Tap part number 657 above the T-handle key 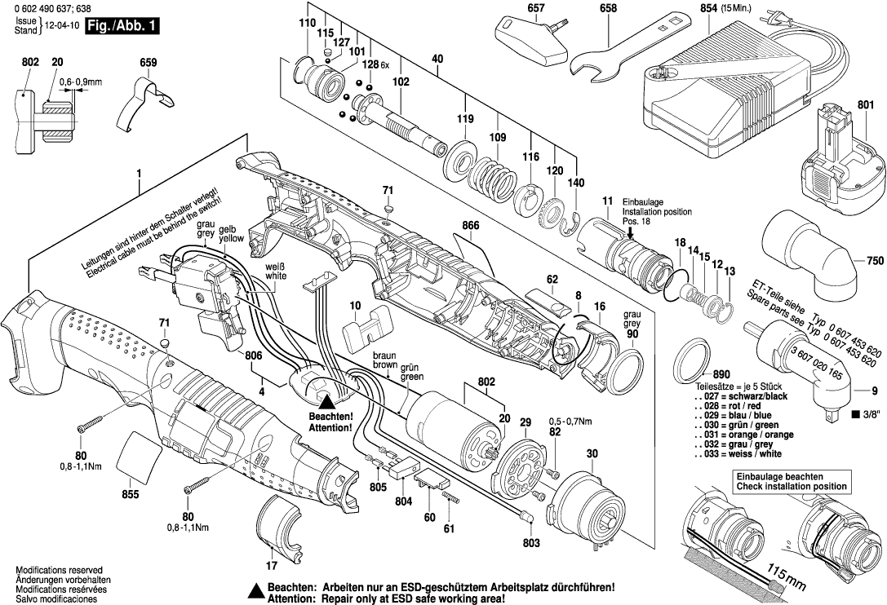535,8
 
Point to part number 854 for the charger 709,8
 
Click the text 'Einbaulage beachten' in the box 779,476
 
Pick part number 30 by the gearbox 591,453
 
